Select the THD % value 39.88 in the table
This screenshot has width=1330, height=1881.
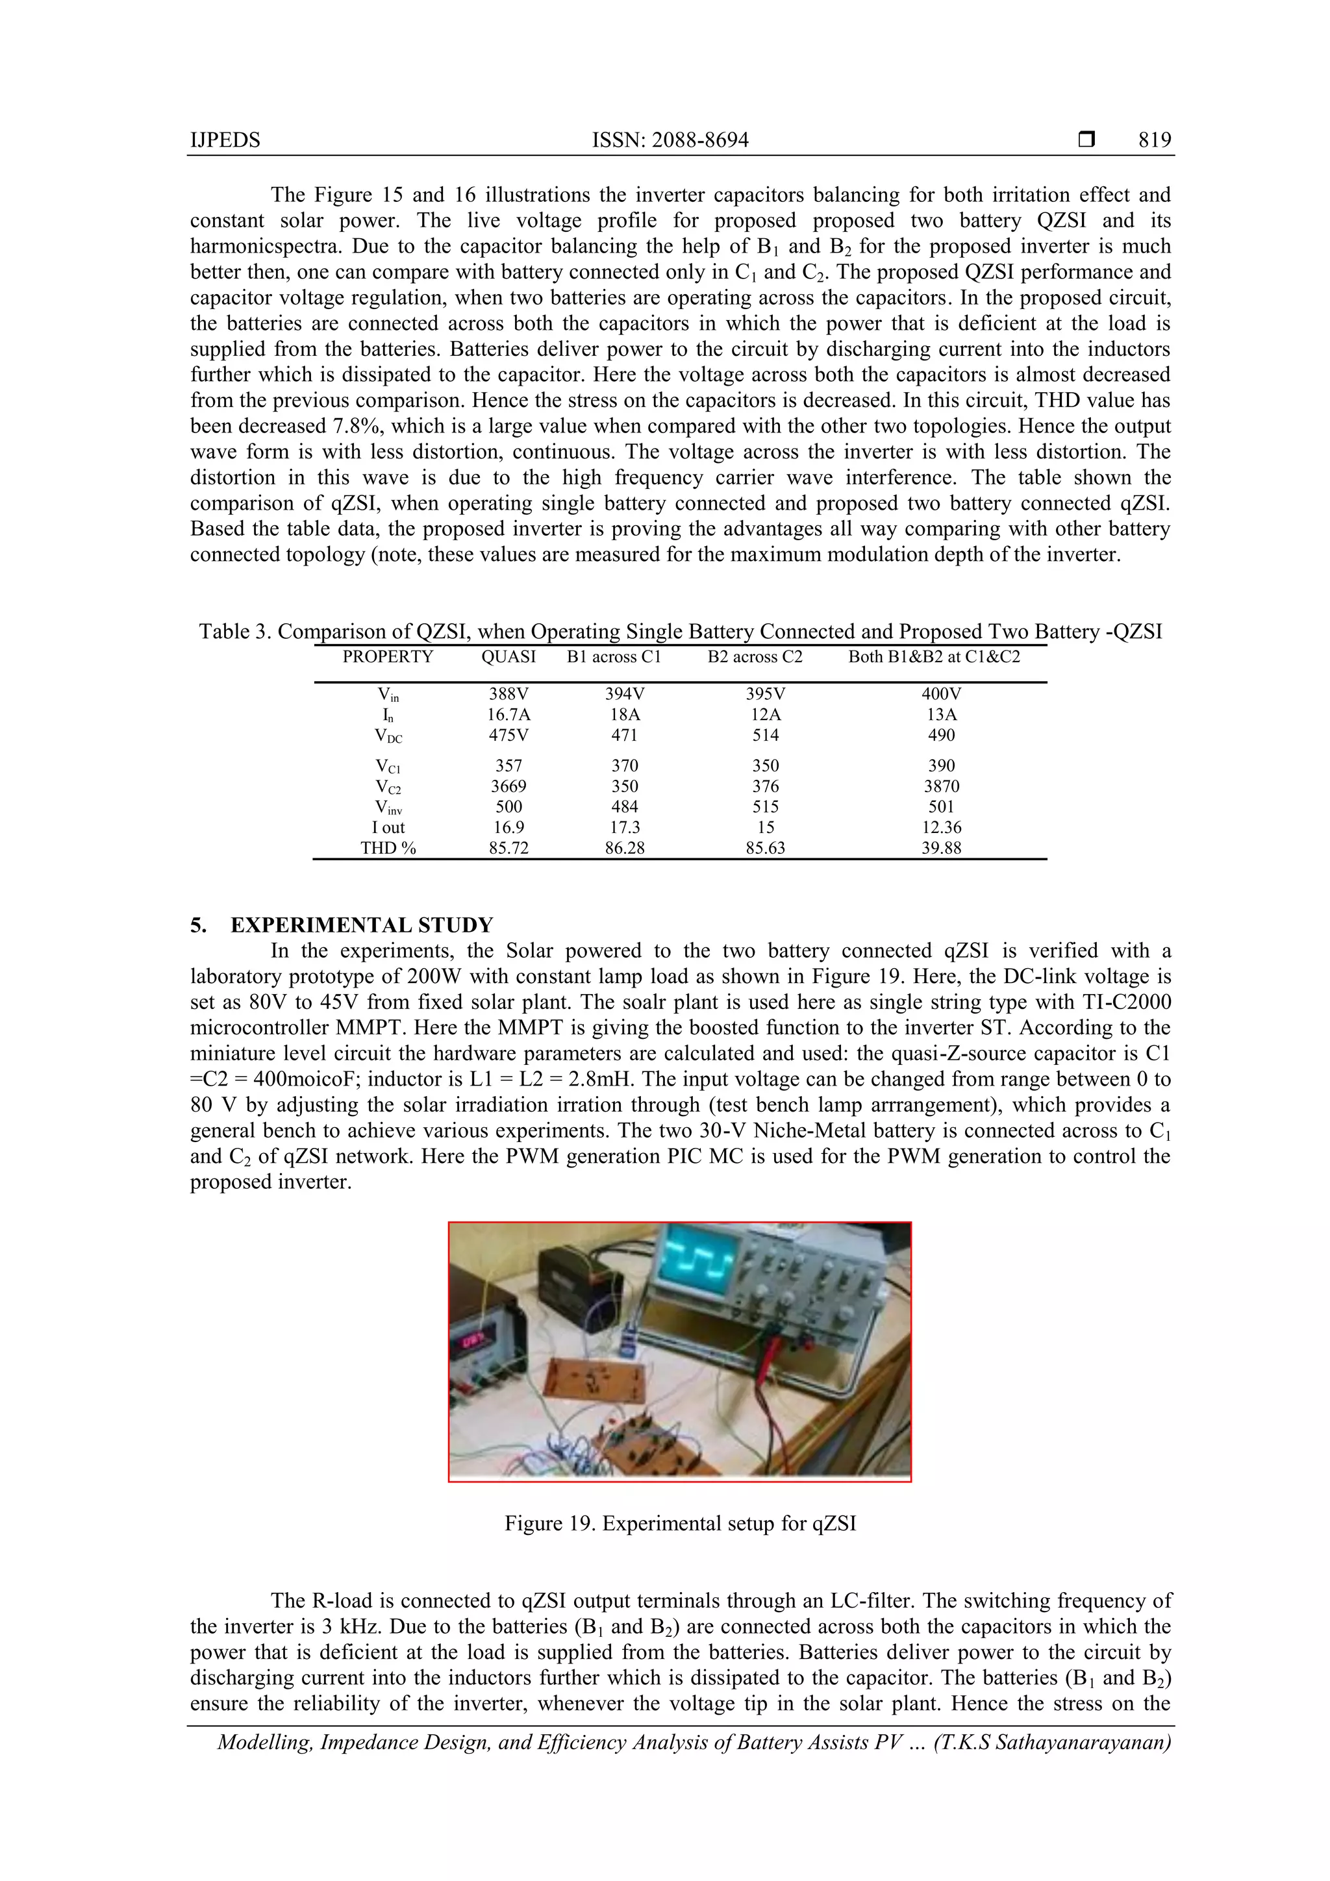[941, 848]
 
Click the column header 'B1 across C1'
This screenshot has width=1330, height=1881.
[614, 656]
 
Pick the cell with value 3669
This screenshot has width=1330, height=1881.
[508, 786]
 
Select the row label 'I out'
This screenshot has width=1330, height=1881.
[388, 827]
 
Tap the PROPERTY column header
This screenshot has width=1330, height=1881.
[388, 656]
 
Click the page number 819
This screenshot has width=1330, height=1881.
[1154, 140]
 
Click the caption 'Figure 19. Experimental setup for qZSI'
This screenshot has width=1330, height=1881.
[680, 1523]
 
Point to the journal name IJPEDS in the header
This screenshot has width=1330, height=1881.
[225, 140]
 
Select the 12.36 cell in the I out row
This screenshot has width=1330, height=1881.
[941, 827]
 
